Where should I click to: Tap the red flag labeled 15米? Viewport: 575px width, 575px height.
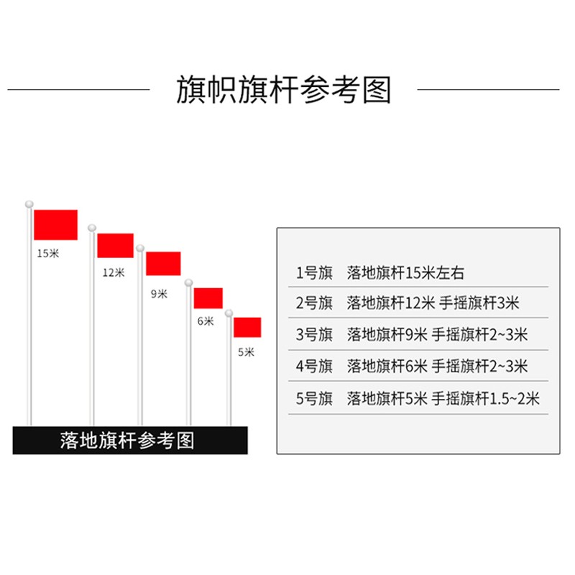pyautogui.click(x=55, y=225)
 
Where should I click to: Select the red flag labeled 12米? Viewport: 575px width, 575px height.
pyautogui.click(x=115, y=245)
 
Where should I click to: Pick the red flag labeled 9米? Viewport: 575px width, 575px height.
pyautogui.click(x=163, y=263)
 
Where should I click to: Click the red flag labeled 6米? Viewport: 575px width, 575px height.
pyautogui.click(x=208, y=298)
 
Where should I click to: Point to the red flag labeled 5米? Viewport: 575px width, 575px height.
pyautogui.click(x=247, y=327)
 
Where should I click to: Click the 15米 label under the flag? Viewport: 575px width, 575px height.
pyautogui.click(x=48, y=253)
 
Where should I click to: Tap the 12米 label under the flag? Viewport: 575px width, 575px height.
pyautogui.click(x=113, y=272)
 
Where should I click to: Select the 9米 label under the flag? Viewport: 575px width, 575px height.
pyautogui.click(x=159, y=293)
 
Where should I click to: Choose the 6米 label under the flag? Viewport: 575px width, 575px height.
pyautogui.click(x=206, y=321)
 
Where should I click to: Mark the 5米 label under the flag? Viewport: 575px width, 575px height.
pyautogui.click(x=246, y=352)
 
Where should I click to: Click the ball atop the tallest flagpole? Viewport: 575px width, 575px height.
pyautogui.click(x=29, y=205)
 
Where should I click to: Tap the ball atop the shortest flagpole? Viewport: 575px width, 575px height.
pyautogui.click(x=229, y=313)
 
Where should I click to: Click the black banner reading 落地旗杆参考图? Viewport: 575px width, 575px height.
pyautogui.click(x=130, y=440)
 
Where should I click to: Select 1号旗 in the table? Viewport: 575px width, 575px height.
pyautogui.click(x=314, y=272)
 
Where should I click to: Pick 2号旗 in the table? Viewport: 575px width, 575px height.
pyautogui.click(x=314, y=303)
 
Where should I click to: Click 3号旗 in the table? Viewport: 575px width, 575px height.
pyautogui.click(x=314, y=334)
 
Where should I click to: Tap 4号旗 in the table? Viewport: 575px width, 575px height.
pyautogui.click(x=314, y=366)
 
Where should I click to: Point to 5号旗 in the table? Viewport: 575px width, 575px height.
pyautogui.click(x=314, y=398)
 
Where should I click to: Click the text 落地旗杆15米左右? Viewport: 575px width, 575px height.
pyautogui.click(x=406, y=272)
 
